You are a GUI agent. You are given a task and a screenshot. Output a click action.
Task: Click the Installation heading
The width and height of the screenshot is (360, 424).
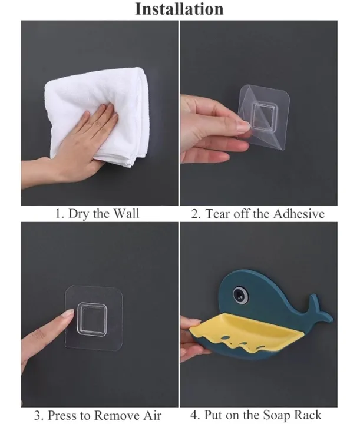[x=180, y=9]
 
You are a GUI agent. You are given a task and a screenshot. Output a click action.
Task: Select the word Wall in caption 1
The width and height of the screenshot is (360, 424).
[x=125, y=213]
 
